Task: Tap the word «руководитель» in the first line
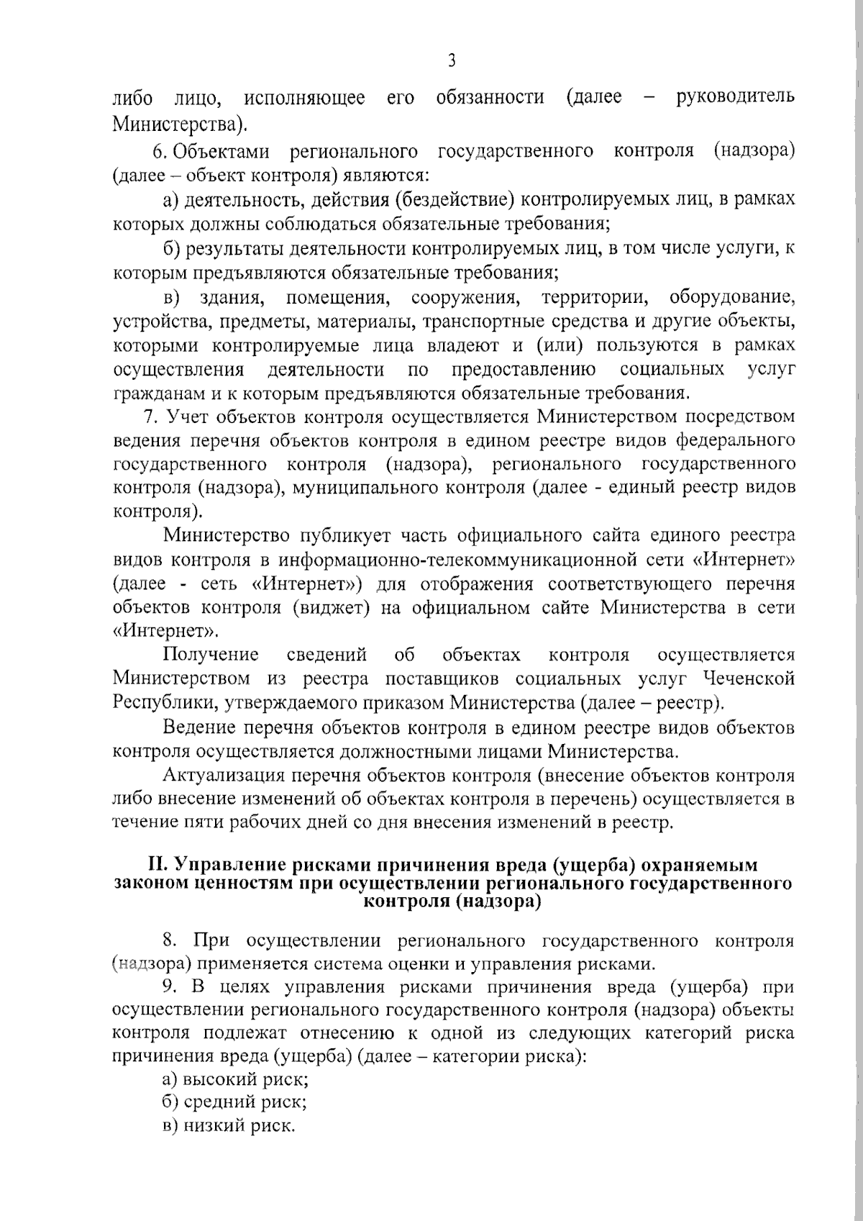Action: (735, 97)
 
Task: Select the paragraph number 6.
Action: (159, 151)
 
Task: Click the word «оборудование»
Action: (732, 297)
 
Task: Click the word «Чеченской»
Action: (749, 678)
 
